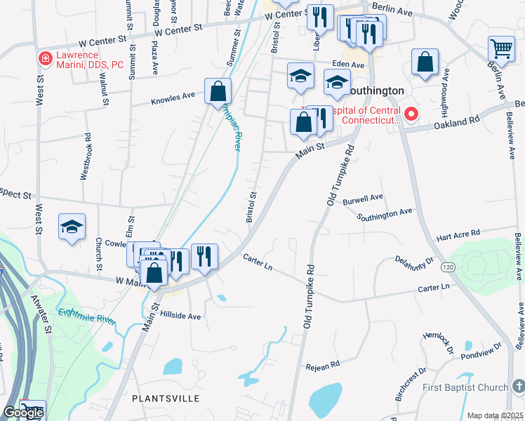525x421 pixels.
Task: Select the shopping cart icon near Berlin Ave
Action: point(501,50)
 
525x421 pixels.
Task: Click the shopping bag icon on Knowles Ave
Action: point(218,91)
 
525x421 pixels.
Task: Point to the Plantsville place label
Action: point(166,398)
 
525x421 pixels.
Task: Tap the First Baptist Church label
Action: point(465,388)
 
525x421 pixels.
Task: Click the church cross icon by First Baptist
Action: point(517,387)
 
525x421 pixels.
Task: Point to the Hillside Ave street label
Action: point(180,316)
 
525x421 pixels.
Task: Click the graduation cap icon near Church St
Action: point(72,227)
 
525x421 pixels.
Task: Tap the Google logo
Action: point(23,413)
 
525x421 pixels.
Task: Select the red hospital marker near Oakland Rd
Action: point(412,113)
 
